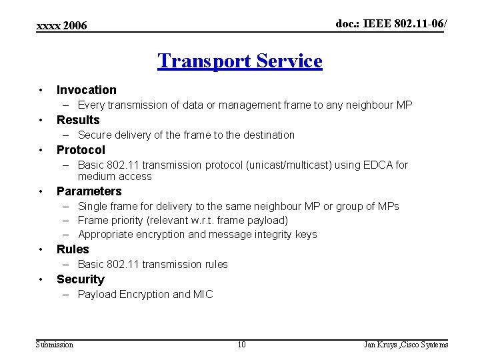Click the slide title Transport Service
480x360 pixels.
[x=239, y=61]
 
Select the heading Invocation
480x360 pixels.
[x=86, y=90]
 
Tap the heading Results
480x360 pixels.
[x=78, y=120]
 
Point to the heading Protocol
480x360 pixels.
[x=81, y=150]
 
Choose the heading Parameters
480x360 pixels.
[x=89, y=191]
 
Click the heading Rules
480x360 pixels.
[x=73, y=249]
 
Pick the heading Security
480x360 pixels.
[x=80, y=279]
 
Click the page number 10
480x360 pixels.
[x=241, y=345]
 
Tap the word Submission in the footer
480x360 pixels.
[x=55, y=345]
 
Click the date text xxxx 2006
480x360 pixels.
[x=61, y=26]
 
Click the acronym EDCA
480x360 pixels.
[x=377, y=165]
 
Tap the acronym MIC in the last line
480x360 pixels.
[x=203, y=294]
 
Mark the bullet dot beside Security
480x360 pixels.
[x=41, y=279]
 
